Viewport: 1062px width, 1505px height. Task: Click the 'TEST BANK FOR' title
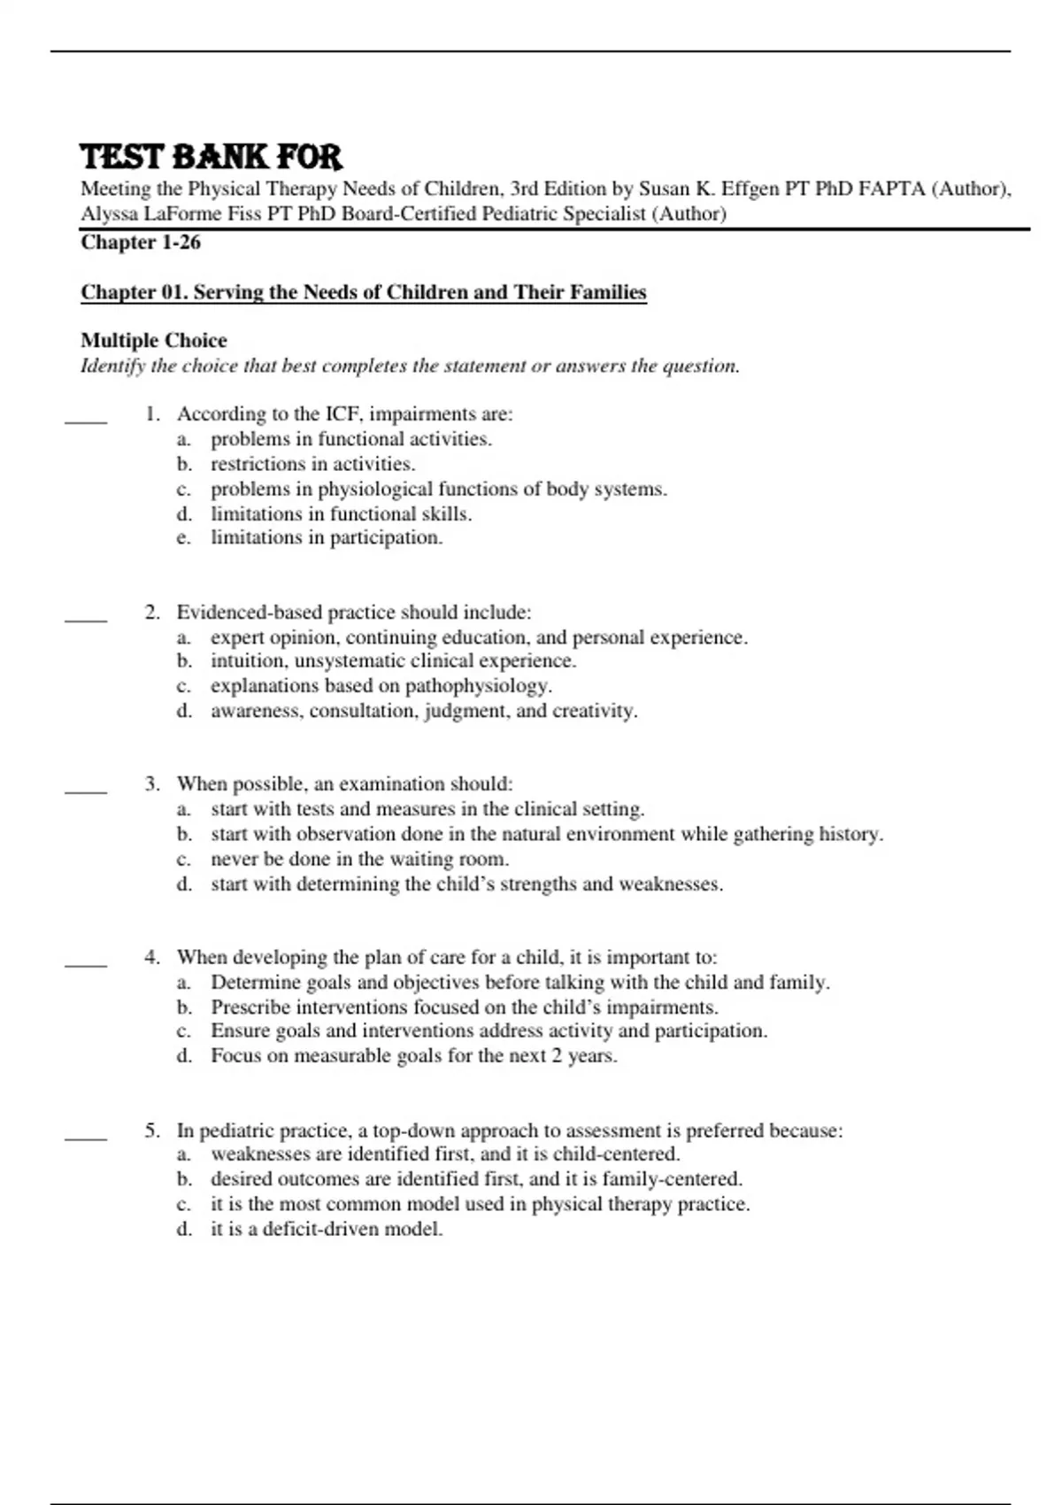coord(211,158)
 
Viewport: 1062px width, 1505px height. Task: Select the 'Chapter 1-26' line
coord(141,243)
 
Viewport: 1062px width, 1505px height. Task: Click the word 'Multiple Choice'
coord(154,341)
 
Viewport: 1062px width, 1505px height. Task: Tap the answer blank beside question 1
coord(86,422)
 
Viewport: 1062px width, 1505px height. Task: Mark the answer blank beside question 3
coord(86,791)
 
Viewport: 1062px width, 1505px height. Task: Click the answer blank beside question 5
coord(86,1138)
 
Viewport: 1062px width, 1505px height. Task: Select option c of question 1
coord(438,490)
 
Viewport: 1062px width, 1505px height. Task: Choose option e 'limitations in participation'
coord(326,538)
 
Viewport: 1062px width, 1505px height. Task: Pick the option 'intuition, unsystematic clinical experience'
coord(393,661)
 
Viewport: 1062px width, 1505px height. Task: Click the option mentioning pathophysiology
coord(381,686)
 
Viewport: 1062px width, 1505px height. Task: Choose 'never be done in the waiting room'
coord(359,860)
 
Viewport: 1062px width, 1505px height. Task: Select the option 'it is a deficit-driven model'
coord(326,1230)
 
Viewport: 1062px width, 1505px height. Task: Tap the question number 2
coord(153,613)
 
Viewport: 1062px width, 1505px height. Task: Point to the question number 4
coord(153,958)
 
